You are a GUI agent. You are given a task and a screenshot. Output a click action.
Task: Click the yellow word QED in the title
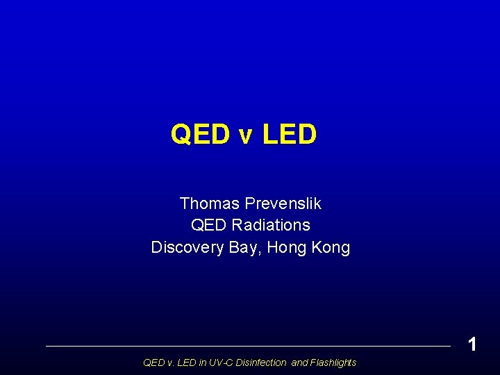coord(201,134)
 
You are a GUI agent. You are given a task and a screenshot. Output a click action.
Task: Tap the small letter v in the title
coord(246,136)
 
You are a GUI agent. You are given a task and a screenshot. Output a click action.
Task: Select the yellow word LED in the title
coord(290,134)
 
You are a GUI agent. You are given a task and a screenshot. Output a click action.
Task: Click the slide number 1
coord(472,344)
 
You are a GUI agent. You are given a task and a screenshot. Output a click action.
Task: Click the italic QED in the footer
coord(152,362)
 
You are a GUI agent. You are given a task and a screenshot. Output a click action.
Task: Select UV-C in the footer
coord(219,362)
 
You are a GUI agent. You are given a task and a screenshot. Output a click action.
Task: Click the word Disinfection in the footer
coord(262,362)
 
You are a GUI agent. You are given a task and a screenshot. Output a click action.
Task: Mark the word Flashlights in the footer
coord(333,362)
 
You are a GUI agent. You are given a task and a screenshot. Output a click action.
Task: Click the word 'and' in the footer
coord(299,362)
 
